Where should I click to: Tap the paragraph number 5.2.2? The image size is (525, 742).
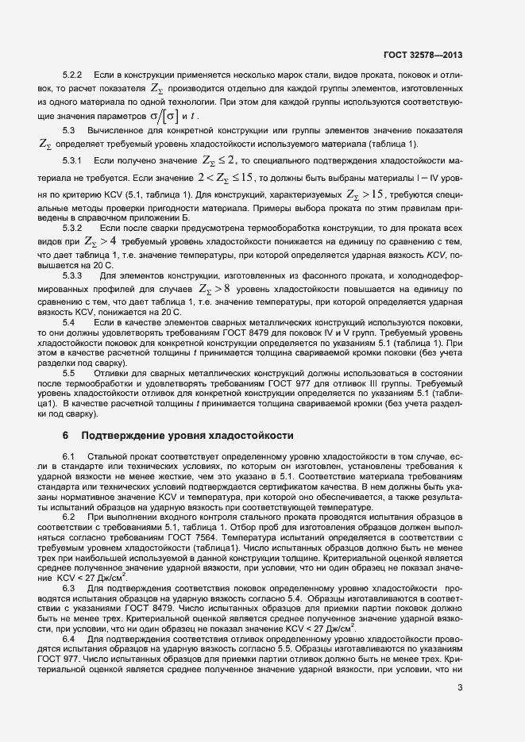[x=74, y=75]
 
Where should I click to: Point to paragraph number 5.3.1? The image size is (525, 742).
[x=74, y=161]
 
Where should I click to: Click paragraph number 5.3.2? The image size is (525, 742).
[x=74, y=228]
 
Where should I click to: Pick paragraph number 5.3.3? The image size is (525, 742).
[x=74, y=275]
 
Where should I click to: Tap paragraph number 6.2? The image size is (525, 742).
[x=68, y=517]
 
